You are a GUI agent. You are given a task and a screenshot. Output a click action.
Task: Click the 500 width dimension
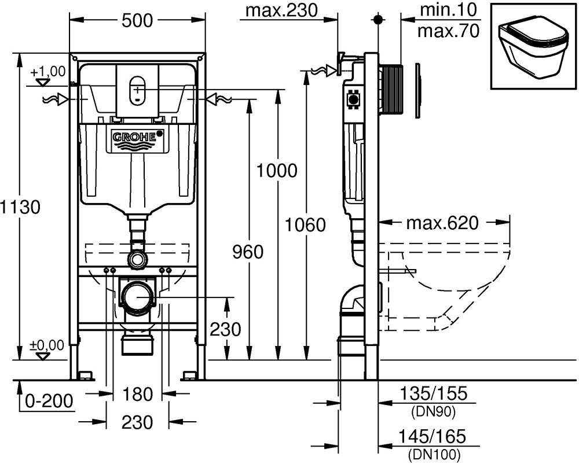(137, 20)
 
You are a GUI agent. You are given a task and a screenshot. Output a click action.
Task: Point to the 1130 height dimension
(20, 207)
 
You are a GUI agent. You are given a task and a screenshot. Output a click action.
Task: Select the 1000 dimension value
(277, 171)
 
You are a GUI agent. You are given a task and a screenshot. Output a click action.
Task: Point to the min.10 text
(448, 10)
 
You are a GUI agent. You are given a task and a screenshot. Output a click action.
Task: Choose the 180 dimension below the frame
(137, 394)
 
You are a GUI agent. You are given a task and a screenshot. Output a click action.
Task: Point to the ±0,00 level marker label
(47, 345)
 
